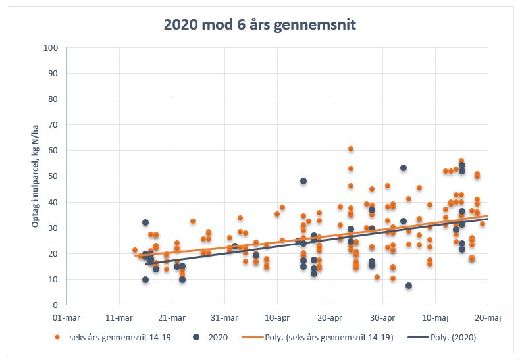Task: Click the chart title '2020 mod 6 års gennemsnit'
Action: click(x=260, y=25)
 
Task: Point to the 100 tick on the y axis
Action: click(x=53, y=48)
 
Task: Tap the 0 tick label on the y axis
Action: click(x=57, y=305)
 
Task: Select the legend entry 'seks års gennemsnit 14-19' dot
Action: click(x=57, y=338)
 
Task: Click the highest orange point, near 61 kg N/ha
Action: click(x=351, y=149)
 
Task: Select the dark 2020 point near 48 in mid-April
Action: click(x=303, y=181)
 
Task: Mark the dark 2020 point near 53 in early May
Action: click(x=404, y=168)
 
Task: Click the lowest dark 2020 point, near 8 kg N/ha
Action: click(x=409, y=286)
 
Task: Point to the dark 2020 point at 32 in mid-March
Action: click(x=145, y=222)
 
